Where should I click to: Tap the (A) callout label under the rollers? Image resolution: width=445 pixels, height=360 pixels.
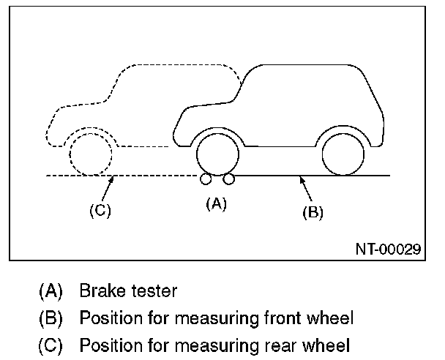[216, 204]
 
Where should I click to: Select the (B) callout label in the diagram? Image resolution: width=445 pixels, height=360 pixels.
[313, 212]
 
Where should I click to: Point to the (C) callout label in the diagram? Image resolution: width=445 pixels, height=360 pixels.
[100, 211]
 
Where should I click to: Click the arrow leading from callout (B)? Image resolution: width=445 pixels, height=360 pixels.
[306, 189]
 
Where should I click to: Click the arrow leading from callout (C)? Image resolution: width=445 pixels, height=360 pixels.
[108, 189]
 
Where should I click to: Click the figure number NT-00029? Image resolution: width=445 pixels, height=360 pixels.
[388, 250]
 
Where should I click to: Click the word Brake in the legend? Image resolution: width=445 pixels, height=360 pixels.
[102, 290]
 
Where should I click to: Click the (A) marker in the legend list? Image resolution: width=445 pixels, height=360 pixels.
[51, 291]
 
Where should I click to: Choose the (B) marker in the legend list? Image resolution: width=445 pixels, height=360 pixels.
[51, 318]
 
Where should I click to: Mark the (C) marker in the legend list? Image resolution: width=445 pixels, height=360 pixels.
[51, 346]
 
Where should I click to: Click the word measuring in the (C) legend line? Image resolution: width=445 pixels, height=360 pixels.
[216, 346]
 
